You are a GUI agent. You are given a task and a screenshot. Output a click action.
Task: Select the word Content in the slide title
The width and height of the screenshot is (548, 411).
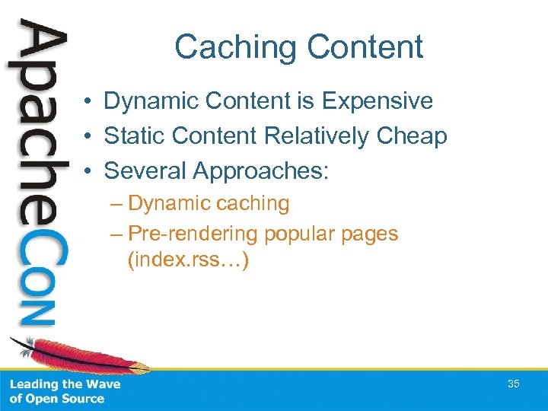363,47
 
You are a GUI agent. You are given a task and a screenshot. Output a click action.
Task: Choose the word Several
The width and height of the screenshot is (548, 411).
145,170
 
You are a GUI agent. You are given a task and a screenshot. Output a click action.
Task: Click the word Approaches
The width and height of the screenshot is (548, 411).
260,171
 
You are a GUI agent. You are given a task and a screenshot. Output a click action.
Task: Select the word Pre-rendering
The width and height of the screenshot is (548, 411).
194,234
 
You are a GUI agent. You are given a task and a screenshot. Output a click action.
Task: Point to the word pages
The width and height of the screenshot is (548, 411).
371,234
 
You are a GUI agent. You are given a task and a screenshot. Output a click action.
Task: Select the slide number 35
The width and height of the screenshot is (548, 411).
514,384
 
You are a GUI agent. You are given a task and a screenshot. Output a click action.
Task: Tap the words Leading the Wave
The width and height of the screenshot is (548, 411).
65,384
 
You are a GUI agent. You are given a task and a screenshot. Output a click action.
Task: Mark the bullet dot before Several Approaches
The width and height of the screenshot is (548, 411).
89,171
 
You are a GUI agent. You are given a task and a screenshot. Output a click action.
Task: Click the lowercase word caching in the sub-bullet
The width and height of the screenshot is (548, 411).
252,203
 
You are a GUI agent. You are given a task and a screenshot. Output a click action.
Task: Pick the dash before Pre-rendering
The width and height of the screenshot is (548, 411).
118,234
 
